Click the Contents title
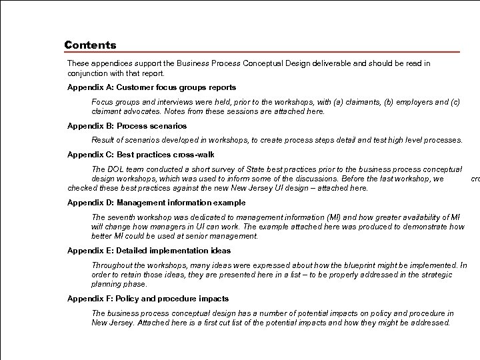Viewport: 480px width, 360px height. point(90,45)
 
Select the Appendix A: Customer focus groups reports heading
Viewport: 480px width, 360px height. point(151,87)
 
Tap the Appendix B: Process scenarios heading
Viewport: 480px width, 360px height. point(127,126)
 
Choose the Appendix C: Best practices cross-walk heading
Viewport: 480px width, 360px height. point(141,155)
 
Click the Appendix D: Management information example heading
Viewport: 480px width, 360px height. point(156,203)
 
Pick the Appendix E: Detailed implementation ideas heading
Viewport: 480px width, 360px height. point(149,251)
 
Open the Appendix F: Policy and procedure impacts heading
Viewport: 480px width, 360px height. point(148,299)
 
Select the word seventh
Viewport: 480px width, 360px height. point(123,217)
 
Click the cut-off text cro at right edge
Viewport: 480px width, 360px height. point(475,179)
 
